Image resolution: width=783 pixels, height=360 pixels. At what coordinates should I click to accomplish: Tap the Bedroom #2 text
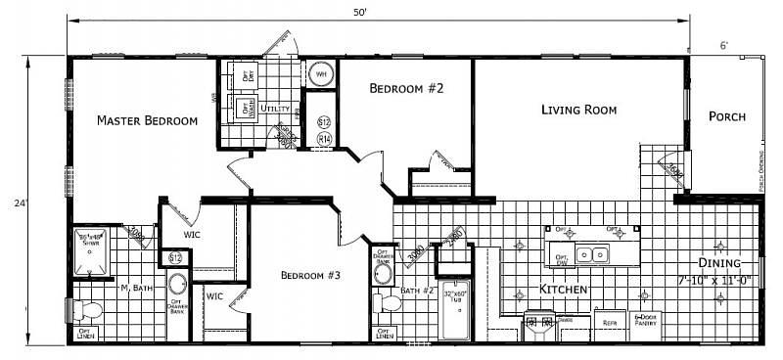click(x=406, y=89)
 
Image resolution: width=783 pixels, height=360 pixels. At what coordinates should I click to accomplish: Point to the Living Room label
click(x=578, y=110)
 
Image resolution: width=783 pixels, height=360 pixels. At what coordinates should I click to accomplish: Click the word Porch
click(x=727, y=116)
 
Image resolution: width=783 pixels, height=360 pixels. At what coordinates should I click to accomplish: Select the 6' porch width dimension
click(x=723, y=46)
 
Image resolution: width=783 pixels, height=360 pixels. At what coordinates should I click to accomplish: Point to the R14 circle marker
click(x=325, y=140)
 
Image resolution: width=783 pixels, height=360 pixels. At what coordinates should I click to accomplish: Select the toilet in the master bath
click(x=86, y=311)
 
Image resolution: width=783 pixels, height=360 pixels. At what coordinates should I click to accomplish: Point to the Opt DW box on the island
click(x=561, y=260)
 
